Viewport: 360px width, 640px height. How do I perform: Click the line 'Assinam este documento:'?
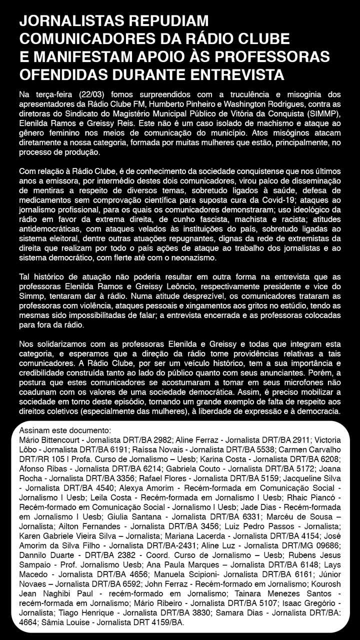pyautogui.click(x=64, y=431)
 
